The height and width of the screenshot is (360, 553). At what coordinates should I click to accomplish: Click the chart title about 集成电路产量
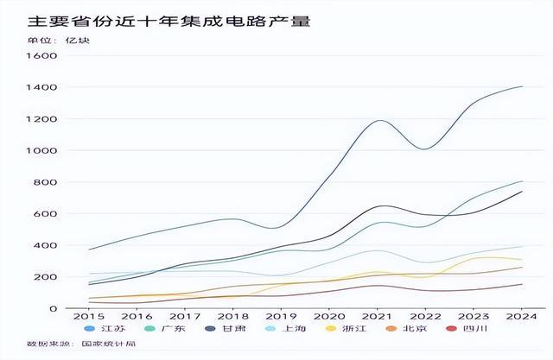point(169,22)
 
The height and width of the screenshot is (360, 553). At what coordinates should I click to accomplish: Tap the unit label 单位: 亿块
point(59,41)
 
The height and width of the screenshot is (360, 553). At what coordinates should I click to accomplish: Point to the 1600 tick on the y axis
point(41,55)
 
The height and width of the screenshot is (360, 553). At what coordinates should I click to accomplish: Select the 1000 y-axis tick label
point(41,150)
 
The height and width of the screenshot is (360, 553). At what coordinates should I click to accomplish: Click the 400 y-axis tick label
point(45,245)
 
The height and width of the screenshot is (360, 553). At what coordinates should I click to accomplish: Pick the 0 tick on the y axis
point(54,308)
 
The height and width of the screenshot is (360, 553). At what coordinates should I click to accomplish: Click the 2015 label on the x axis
point(88,317)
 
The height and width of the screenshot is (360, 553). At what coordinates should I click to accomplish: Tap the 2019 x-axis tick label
point(281,317)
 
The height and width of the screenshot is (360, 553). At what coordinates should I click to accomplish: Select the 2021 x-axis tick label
point(377,317)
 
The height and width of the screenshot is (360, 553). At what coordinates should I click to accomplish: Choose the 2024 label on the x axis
point(522,317)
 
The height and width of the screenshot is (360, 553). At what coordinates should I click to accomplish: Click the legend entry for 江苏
point(105,329)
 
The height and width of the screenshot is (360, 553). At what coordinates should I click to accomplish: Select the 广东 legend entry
point(165,329)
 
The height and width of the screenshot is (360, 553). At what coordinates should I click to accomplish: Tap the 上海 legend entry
point(286,329)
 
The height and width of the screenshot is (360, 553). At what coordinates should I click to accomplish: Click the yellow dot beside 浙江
point(330,329)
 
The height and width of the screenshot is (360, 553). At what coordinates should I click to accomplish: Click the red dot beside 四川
point(451,329)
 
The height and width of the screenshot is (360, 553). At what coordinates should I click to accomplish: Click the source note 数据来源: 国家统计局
point(81,344)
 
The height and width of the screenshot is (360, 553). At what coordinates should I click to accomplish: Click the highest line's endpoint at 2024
point(522,86)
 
